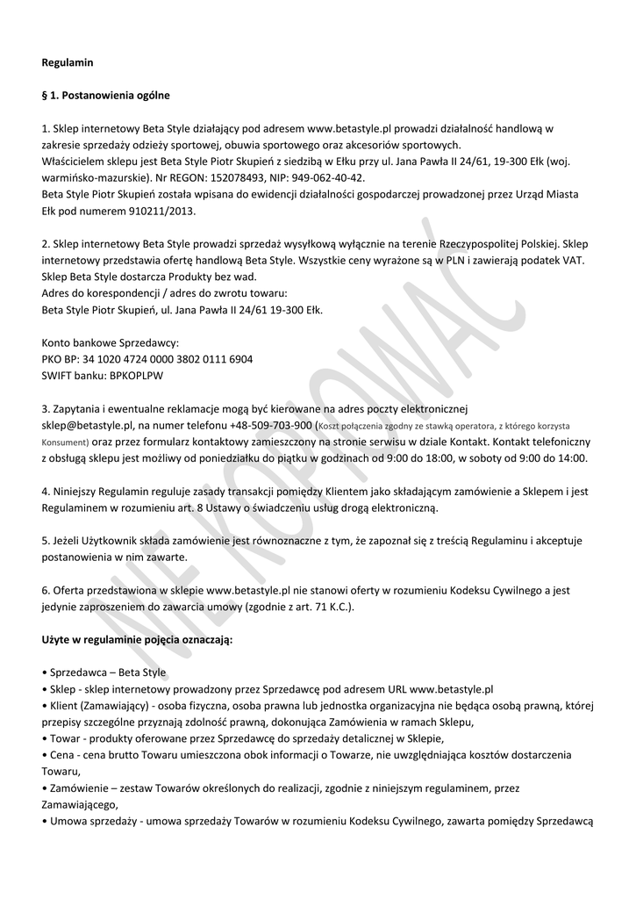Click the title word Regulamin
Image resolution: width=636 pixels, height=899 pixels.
click(x=68, y=62)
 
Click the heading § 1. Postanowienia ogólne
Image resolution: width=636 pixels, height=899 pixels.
click(x=106, y=95)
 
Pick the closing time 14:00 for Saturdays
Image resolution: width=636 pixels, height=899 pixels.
click(x=572, y=458)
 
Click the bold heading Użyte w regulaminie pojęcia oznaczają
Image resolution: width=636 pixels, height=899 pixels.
click(x=137, y=640)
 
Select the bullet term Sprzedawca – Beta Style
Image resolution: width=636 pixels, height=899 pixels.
click(x=108, y=672)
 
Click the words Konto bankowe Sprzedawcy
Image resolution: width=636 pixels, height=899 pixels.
click(x=111, y=342)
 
